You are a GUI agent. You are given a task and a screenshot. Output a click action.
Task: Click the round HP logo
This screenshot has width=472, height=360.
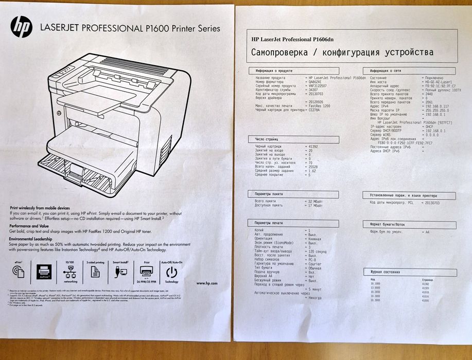21,27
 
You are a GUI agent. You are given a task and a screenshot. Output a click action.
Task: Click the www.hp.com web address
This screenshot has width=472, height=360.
206,283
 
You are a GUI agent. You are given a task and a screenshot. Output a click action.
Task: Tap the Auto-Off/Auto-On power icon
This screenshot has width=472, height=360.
171,273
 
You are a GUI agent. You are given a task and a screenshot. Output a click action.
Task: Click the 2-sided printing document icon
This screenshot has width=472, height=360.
95,273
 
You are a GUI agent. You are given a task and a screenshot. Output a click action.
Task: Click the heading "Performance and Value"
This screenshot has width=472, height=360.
29,226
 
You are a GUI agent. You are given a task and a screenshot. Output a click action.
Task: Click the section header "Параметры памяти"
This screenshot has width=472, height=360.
270,193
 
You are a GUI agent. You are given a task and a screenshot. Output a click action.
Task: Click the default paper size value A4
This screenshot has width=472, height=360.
427,231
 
